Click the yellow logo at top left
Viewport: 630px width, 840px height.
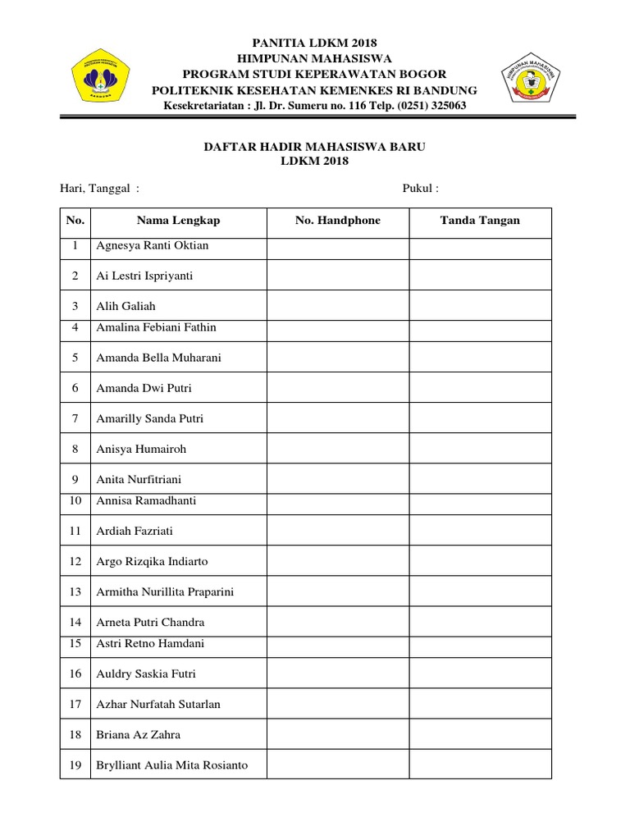click(x=103, y=78)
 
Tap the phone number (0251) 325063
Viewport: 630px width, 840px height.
click(x=417, y=106)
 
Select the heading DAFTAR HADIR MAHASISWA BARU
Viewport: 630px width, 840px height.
click(x=314, y=146)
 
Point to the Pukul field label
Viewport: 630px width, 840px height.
click(x=420, y=189)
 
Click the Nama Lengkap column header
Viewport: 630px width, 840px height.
click(x=178, y=221)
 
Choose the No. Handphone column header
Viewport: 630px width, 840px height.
click(x=337, y=221)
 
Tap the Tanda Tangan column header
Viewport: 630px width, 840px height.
click(x=480, y=221)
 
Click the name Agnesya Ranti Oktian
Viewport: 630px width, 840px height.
click(x=153, y=245)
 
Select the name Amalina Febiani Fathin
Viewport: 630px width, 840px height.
click(x=157, y=327)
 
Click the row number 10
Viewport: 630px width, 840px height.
click(x=75, y=500)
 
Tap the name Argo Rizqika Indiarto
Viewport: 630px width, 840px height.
click(x=153, y=561)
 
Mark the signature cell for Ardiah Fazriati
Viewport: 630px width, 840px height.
click(x=480, y=531)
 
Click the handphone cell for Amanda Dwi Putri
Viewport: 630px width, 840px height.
click(x=337, y=388)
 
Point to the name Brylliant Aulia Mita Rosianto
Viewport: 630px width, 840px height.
click(x=172, y=765)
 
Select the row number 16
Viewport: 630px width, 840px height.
click(x=75, y=673)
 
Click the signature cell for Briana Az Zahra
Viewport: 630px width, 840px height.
click(x=480, y=734)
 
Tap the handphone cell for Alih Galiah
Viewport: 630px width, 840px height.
click(x=337, y=306)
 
